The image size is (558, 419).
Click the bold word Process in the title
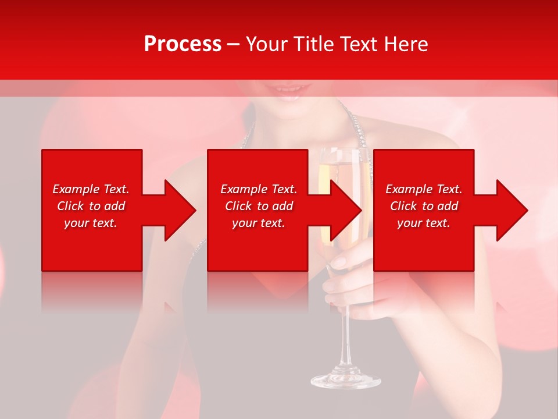click(183, 44)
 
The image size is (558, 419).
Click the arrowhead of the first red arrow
click(181, 210)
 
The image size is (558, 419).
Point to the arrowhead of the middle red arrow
click(347, 210)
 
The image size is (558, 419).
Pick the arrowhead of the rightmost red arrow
click(513, 210)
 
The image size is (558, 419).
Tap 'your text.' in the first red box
click(91, 223)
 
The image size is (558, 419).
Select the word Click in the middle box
click(239, 206)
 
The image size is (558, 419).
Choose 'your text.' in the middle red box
click(259, 223)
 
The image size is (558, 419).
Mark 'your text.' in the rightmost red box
click(424, 223)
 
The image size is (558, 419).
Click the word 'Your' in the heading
click(265, 44)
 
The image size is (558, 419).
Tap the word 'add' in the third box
click(447, 206)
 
